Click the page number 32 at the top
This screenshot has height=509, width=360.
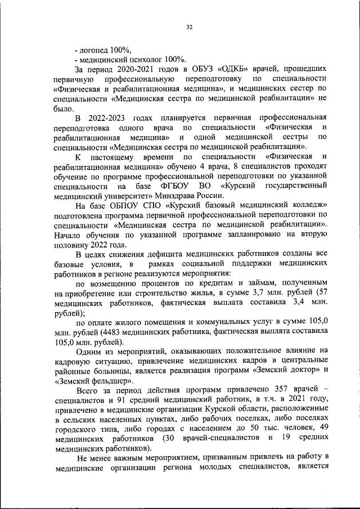point(189,26)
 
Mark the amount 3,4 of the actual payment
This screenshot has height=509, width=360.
point(302,302)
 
